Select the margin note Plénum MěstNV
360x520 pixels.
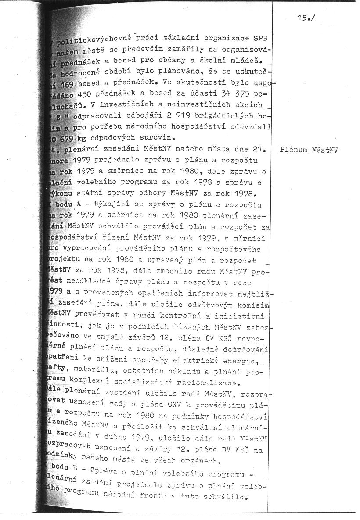click(x=309, y=150)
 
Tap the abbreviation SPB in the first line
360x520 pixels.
click(x=260, y=36)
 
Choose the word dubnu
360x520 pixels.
click(x=135, y=437)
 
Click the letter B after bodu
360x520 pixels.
click(x=75, y=469)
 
